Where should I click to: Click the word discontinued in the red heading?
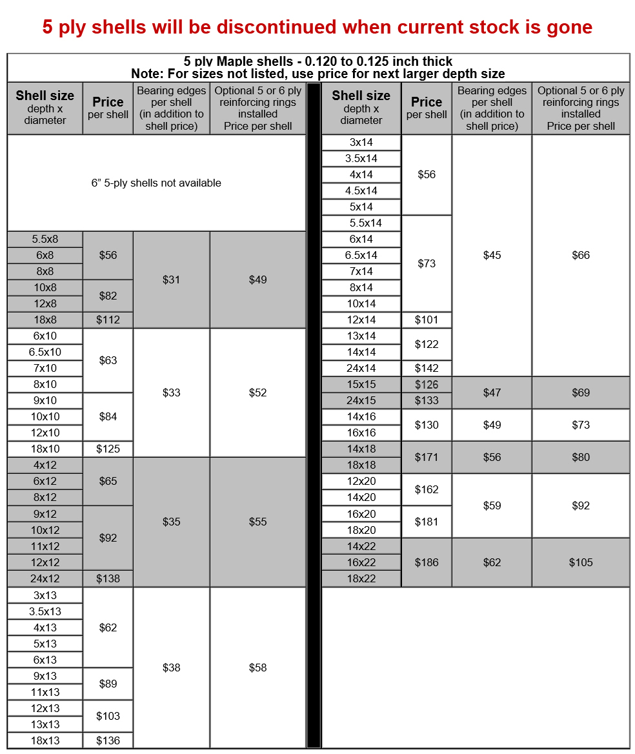[276, 27]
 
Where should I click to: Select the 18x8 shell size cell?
[45, 320]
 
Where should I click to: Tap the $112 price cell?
[108, 320]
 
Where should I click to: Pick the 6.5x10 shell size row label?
[45, 352]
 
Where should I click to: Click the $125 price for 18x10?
[108, 449]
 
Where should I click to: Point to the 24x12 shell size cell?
[45, 578]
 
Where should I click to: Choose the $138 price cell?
[108, 578]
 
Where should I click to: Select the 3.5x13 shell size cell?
[45, 611]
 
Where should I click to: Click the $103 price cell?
[108, 716]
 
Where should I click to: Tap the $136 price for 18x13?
[108, 740]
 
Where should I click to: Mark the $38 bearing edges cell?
[171, 667]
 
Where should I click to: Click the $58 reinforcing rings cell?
[257, 667]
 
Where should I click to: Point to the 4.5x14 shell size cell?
[361, 190]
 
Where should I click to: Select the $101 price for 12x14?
[427, 320]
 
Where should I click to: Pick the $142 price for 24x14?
[427, 368]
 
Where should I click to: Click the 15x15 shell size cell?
[361, 384]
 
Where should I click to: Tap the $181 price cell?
[427, 522]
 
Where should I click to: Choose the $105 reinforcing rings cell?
[580, 562]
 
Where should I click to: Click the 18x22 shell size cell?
[361, 578]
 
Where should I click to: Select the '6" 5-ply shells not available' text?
[156, 183]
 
